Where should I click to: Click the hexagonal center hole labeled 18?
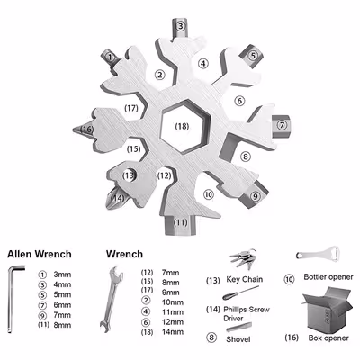(x=183, y=127)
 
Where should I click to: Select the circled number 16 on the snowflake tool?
(x=86, y=129)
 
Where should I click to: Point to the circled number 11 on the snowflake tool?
(x=181, y=221)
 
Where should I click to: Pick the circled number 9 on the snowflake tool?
(x=256, y=195)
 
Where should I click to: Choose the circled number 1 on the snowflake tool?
(x=112, y=57)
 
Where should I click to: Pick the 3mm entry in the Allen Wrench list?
(x=61, y=274)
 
